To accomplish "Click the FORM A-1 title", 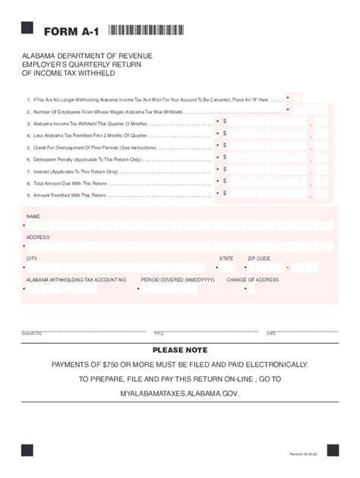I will point(72,31).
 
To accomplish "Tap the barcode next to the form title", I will point(146,30).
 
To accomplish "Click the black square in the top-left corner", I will point(27,28).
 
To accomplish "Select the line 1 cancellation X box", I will point(294,99).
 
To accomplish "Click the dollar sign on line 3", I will point(225,121).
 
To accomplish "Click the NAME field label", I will point(33,216).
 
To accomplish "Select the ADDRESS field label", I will point(38,237).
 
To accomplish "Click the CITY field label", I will point(32,258).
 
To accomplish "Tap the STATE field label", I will point(226,258).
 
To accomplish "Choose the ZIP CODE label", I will point(259,258).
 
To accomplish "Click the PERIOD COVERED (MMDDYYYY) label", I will point(178,279).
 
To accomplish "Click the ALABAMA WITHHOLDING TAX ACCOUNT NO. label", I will point(76,279).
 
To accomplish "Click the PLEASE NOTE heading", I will point(180,351).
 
